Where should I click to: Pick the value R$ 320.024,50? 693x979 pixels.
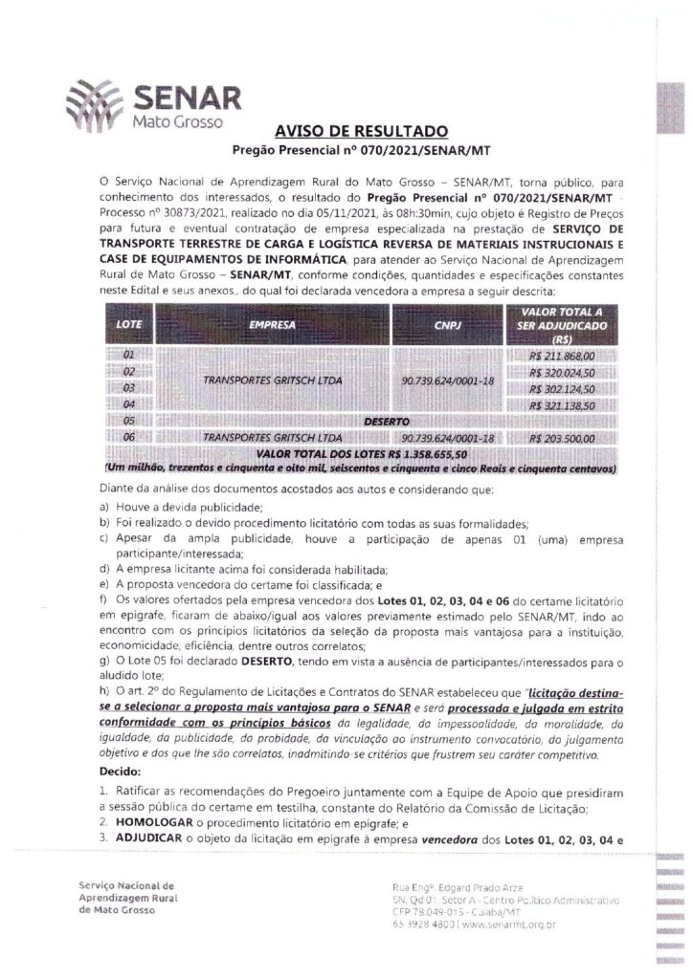point(562,373)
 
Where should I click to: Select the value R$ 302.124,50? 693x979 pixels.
point(562,389)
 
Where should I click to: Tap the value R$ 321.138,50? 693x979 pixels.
point(562,405)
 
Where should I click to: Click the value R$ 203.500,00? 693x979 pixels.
point(562,437)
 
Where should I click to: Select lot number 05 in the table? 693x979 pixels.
point(129,421)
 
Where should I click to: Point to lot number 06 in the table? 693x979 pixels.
point(129,437)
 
